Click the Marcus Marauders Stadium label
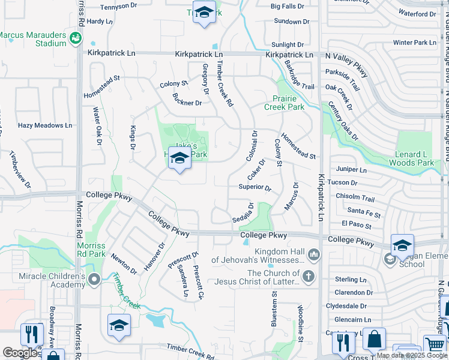click(x=33, y=39)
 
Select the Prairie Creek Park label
click(x=285, y=102)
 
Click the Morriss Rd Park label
click(x=91, y=250)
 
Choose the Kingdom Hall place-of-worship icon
click(x=313, y=256)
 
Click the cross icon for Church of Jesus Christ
click(x=308, y=277)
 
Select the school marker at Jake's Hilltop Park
click(x=179, y=158)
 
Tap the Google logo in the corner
click(x=20, y=353)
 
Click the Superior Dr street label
click(x=255, y=187)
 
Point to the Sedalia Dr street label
click(x=243, y=213)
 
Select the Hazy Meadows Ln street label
click(x=44, y=125)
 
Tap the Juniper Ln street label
click(x=351, y=170)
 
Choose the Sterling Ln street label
click(x=351, y=280)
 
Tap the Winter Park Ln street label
click(x=414, y=43)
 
